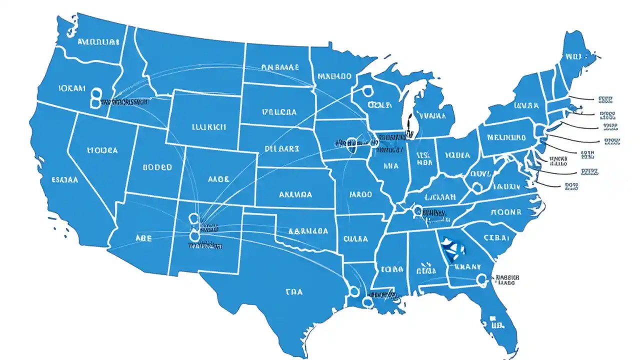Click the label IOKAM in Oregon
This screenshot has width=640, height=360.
[72, 88]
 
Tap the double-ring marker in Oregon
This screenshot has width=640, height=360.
[95, 97]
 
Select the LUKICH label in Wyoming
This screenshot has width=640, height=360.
[208, 127]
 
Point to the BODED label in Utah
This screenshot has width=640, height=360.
[157, 167]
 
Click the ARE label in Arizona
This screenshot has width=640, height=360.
[143, 238]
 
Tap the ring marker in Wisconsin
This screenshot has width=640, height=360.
[367, 91]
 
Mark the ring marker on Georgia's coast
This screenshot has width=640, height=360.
[482, 278]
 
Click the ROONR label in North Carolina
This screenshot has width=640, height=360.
[506, 212]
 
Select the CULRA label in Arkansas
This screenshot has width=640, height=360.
[355, 238]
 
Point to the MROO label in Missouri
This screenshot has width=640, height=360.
[361, 194]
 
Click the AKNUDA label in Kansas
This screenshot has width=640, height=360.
[295, 194]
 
